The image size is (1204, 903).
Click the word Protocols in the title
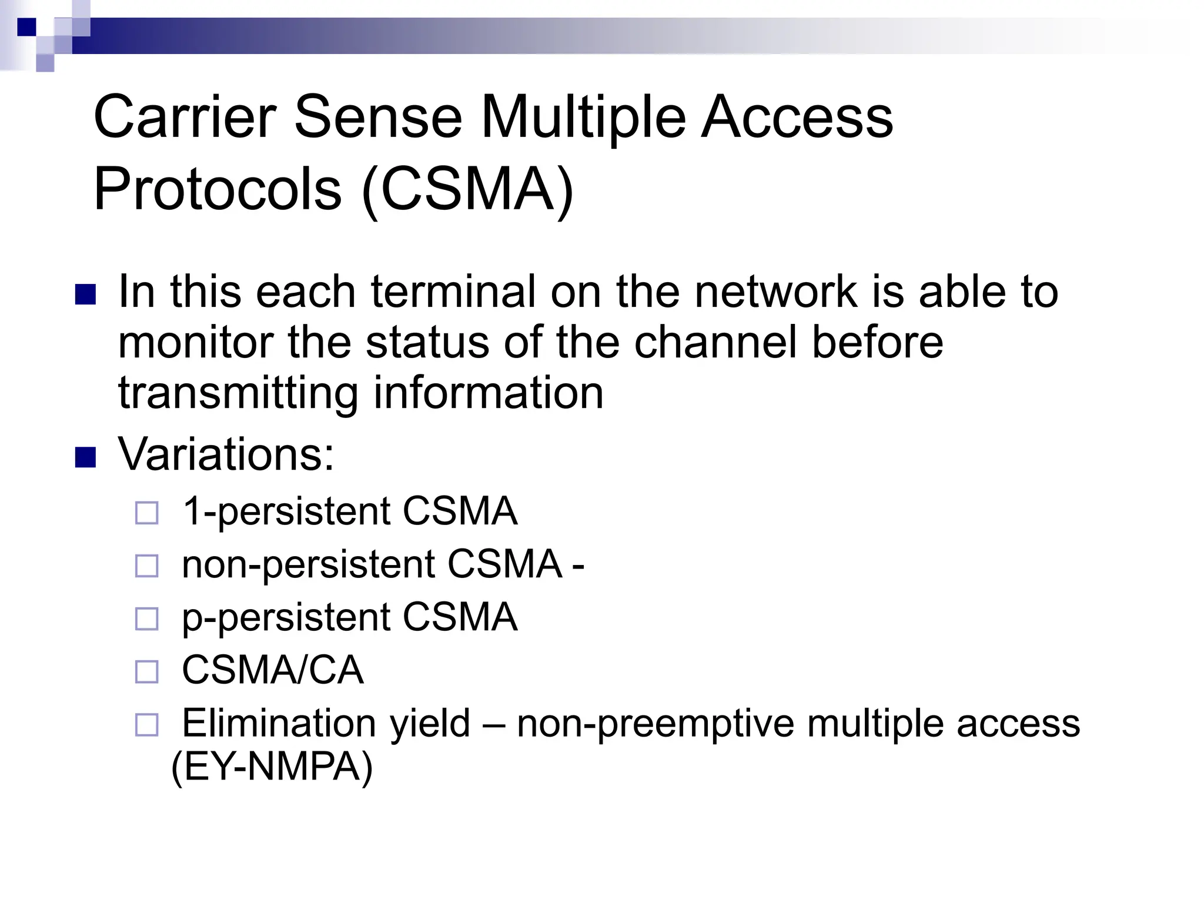218,189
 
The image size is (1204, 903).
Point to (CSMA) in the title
467,189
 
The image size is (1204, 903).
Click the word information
489,393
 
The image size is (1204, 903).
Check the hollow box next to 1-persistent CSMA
147,513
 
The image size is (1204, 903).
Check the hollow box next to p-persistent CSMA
147,619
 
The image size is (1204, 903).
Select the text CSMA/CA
273,670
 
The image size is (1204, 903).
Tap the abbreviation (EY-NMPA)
272,767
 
